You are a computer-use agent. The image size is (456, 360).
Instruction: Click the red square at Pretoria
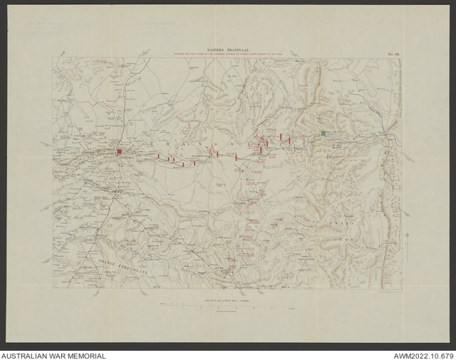(120, 152)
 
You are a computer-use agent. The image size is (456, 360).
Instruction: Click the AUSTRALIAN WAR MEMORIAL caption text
(53, 355)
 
